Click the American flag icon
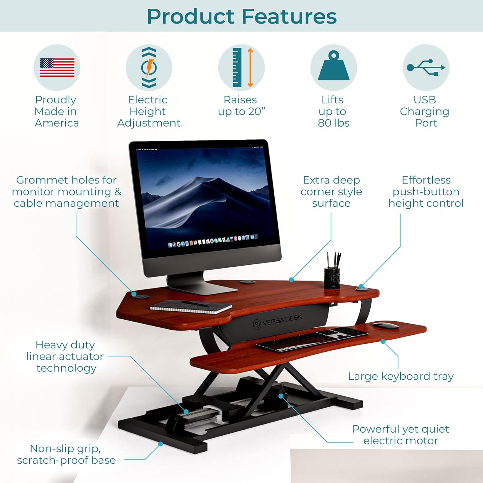57,68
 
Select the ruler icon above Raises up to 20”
237,67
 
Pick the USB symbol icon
426,67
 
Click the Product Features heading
242,16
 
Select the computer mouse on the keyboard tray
386,325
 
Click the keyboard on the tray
312,339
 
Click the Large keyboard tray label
401,376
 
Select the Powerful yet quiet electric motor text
401,435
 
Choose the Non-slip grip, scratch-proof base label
66,454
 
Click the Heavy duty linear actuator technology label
65,356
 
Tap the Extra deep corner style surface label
331,192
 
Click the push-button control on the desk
362,289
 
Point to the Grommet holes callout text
66,192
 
